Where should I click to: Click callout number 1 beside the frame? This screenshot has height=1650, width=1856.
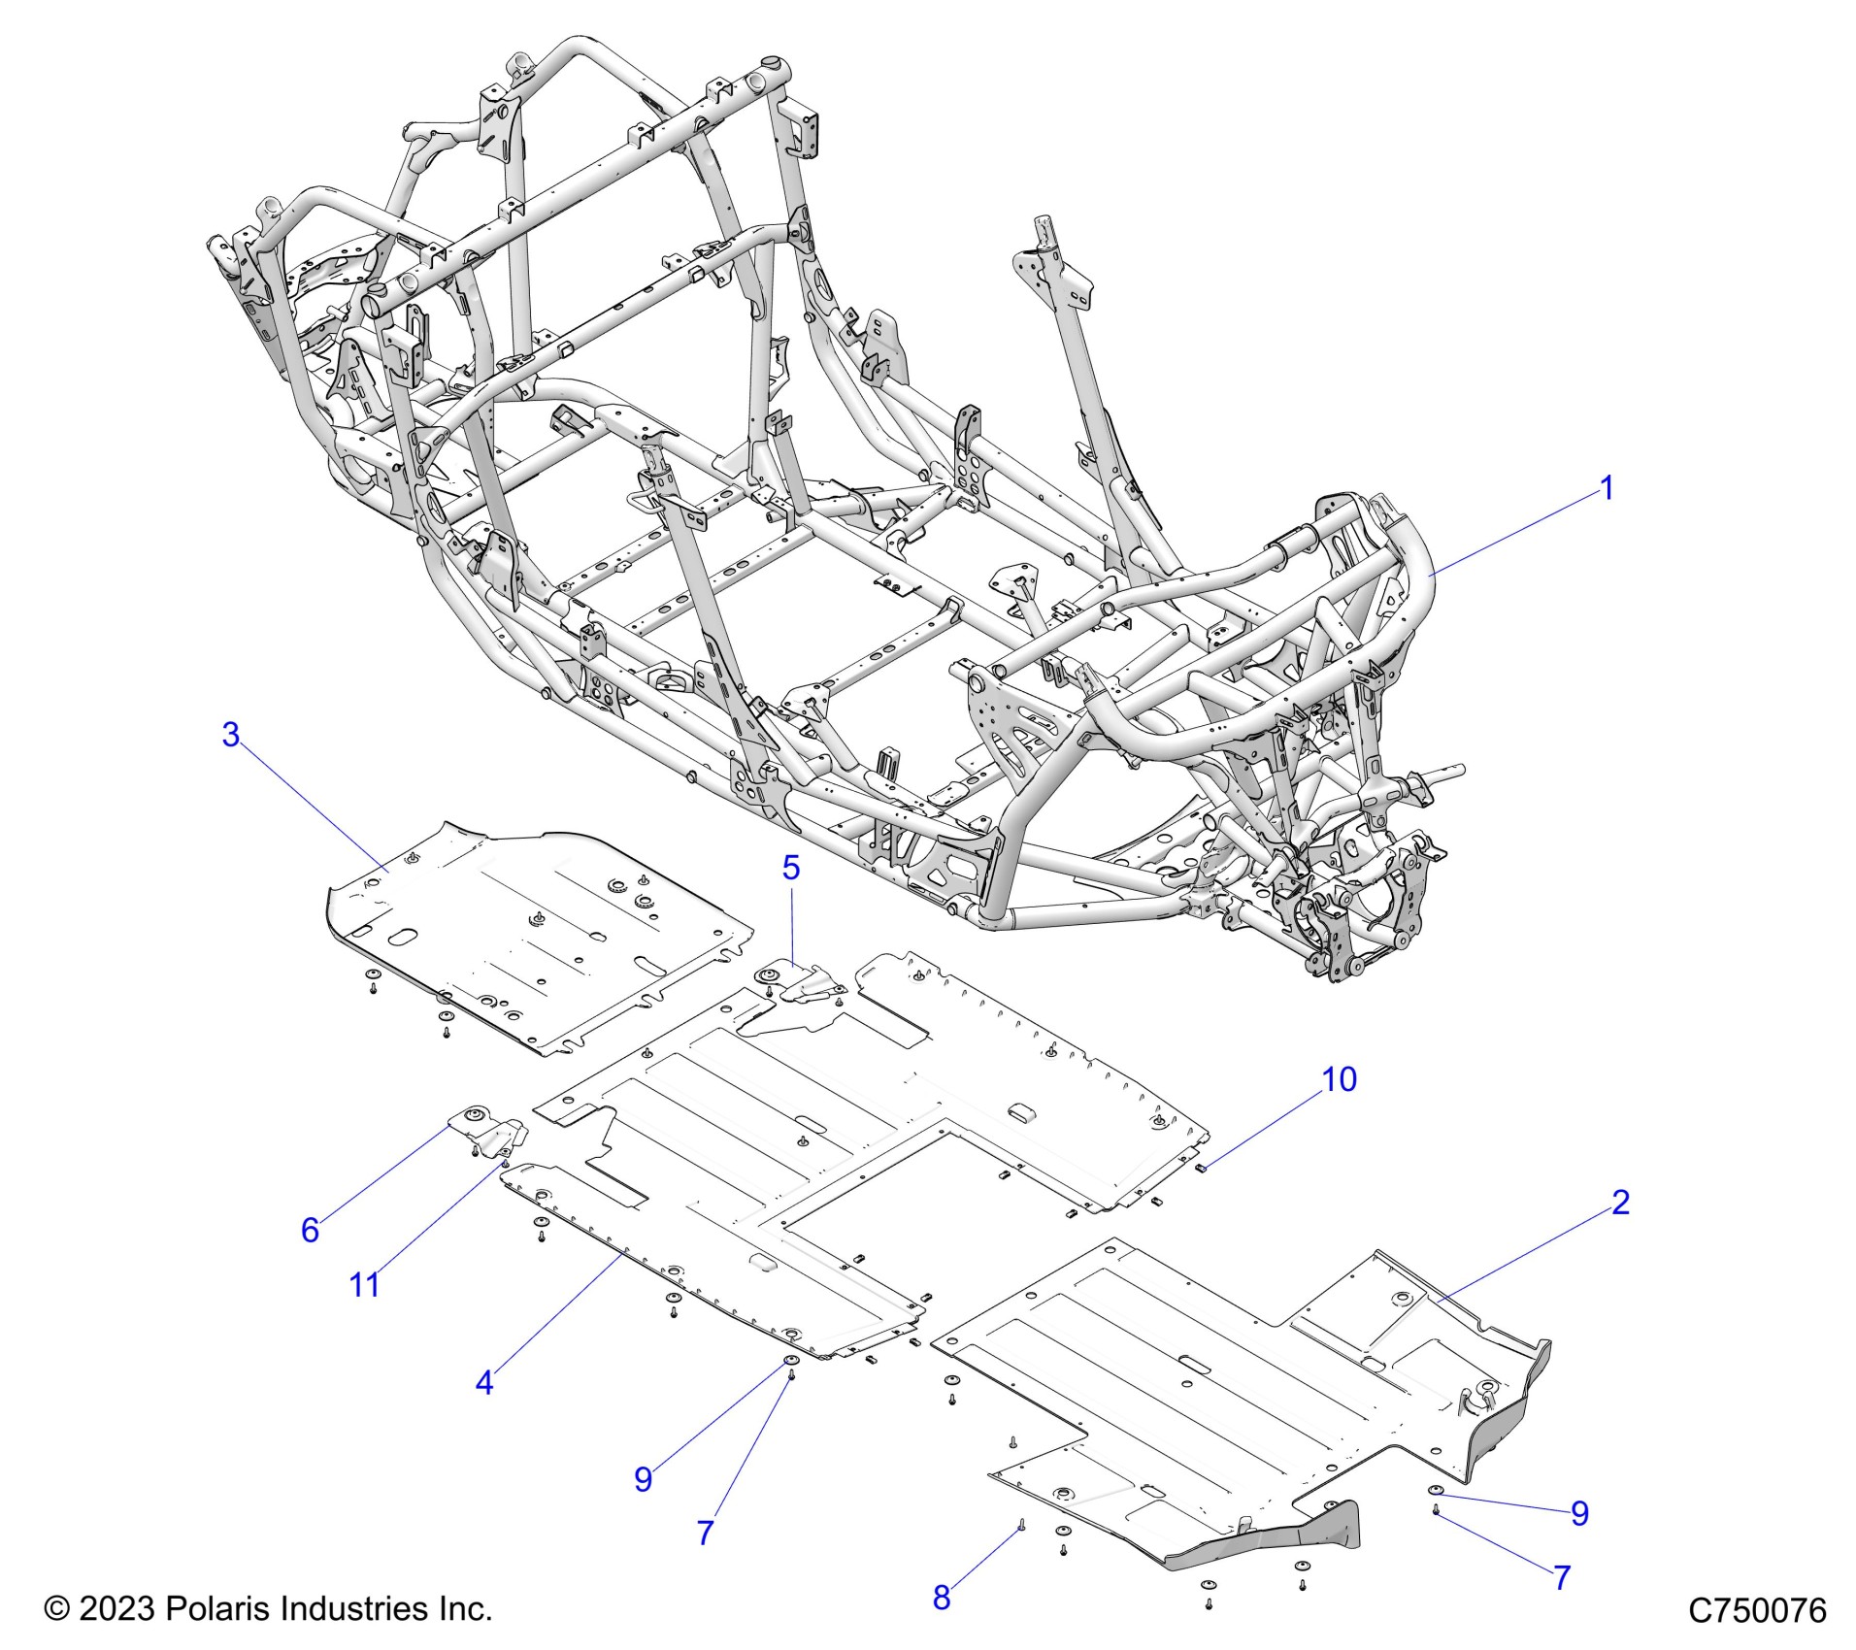click(x=1607, y=488)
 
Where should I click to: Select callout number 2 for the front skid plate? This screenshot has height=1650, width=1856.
click(x=1620, y=1203)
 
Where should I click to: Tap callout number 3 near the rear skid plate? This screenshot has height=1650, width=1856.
click(x=230, y=735)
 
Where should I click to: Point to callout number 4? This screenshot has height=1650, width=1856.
click(x=484, y=1382)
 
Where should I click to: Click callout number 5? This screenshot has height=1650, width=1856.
click(x=791, y=868)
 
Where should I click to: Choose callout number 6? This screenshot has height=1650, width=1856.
click(x=310, y=1230)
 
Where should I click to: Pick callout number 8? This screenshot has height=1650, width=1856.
click(x=942, y=1598)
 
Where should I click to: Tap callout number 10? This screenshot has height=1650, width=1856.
click(x=1340, y=1079)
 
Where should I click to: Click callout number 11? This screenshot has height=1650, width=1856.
click(x=364, y=1284)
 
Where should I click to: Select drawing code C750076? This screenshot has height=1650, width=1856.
click(x=1757, y=1610)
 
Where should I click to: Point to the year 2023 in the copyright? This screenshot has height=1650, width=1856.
click(x=116, y=1608)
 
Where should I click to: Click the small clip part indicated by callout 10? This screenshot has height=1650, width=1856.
click(x=1200, y=1168)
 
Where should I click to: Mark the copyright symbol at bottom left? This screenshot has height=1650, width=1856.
click(x=57, y=1608)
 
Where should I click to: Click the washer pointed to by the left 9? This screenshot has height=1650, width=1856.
click(x=791, y=1359)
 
